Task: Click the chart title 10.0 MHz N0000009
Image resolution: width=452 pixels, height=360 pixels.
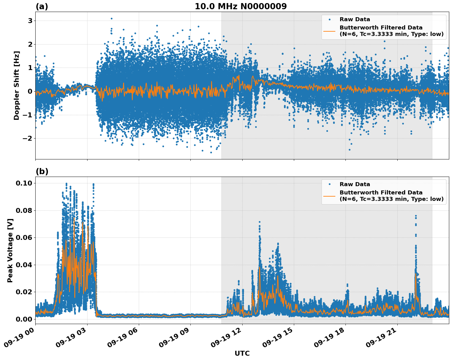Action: (x=240, y=6)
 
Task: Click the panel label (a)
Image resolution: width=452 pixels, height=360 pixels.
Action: (x=42, y=6)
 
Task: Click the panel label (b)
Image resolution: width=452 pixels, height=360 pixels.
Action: (x=42, y=171)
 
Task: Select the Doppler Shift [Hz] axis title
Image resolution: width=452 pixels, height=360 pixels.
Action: (x=17, y=85)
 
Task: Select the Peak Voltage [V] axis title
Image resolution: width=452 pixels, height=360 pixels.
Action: (x=10, y=250)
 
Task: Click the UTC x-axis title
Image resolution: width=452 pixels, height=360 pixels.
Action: (x=242, y=353)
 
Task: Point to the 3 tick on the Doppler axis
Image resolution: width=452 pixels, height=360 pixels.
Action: (x=30, y=21)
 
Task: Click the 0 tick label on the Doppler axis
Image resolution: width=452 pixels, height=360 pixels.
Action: (x=30, y=91)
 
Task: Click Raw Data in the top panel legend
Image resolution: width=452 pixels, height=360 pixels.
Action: (x=355, y=19)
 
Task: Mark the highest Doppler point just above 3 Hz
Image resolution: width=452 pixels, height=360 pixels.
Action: (x=111, y=18)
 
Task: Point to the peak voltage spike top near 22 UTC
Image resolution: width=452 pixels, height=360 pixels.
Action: (x=416, y=216)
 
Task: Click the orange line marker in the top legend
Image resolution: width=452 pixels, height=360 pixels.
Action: (x=329, y=31)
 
